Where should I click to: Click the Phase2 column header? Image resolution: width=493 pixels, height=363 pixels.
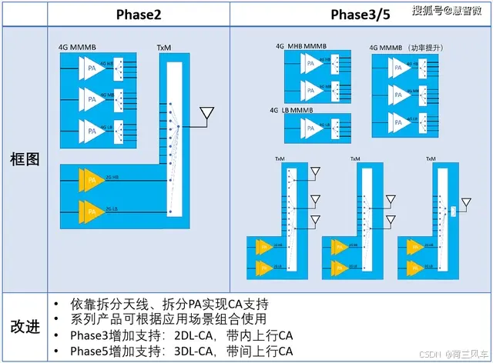pyautogui.click(x=139, y=15)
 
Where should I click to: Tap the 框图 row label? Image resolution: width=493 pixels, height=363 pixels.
pyautogui.click(x=23, y=159)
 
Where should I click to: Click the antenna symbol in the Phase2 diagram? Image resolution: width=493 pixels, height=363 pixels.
pyautogui.click(x=205, y=116)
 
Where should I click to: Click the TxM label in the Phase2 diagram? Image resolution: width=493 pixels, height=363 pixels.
pyautogui.click(x=164, y=48)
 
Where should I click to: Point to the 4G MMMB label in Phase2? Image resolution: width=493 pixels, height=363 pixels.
pyautogui.click(x=77, y=48)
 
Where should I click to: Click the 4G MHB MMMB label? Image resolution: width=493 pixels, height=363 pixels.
pyautogui.click(x=301, y=46)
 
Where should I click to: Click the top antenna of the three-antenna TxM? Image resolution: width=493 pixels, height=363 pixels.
pyautogui.click(x=314, y=172)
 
